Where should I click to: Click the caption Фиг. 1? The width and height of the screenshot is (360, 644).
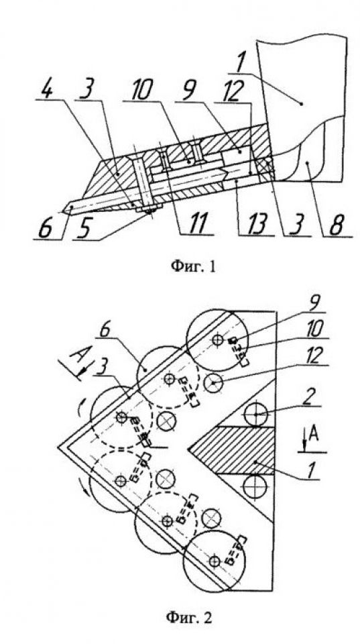point(192,267)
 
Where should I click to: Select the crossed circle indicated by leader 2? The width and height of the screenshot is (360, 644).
point(255,415)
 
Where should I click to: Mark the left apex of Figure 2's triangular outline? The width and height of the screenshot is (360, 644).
point(58,447)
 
